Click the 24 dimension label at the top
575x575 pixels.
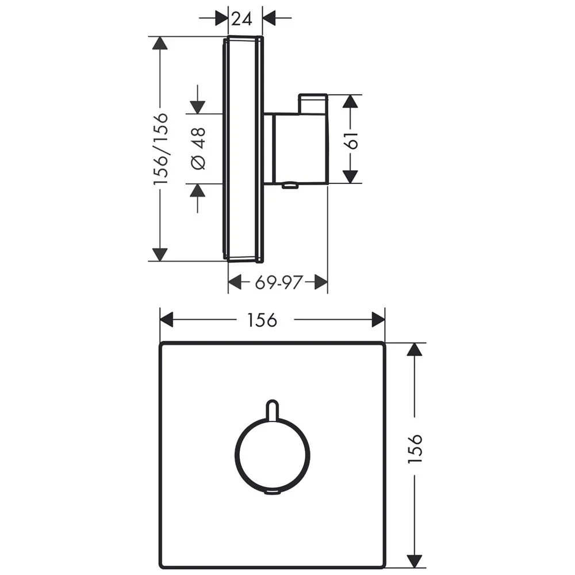click(242, 18)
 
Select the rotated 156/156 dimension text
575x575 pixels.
click(161, 148)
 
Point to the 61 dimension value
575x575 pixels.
click(352, 140)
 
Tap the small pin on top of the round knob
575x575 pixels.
click(273, 409)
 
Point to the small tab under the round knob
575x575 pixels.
click(273, 492)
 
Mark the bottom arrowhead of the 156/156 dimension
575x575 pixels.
click(160, 254)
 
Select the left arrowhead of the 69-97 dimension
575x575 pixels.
click(235, 282)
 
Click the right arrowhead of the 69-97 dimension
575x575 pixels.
click(321, 282)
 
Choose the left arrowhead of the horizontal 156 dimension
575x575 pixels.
click(167, 320)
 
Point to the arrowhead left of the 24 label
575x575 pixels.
click(221, 18)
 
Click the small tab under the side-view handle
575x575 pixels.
click(290, 186)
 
